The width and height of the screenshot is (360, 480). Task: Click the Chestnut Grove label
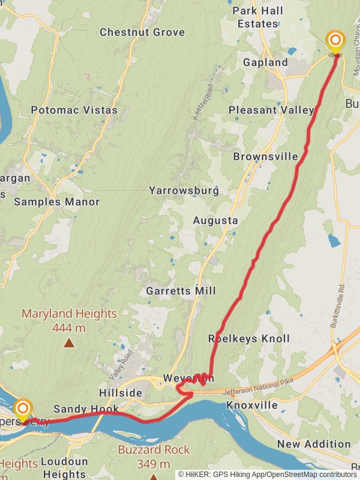(x=142, y=32)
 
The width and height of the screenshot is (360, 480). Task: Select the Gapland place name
(x=265, y=62)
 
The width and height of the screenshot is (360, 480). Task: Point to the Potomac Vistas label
(x=74, y=110)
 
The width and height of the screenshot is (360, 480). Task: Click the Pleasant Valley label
(x=271, y=110)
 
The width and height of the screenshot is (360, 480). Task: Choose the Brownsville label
(x=265, y=157)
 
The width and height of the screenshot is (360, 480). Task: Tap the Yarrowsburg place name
(x=184, y=191)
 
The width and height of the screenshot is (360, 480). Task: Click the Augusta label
(x=215, y=220)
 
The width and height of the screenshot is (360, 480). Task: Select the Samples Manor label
(x=56, y=202)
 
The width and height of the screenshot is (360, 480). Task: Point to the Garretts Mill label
(x=181, y=291)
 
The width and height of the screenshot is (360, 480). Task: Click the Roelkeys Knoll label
(x=248, y=338)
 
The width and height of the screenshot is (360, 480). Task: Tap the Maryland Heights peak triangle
(x=70, y=343)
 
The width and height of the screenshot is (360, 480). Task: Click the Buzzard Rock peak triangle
(x=154, y=478)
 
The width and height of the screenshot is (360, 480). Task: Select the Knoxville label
(x=252, y=405)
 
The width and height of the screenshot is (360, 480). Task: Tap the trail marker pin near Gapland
(x=335, y=42)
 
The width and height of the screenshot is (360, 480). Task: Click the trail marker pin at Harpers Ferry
(x=23, y=410)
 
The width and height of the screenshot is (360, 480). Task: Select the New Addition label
(x=314, y=445)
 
